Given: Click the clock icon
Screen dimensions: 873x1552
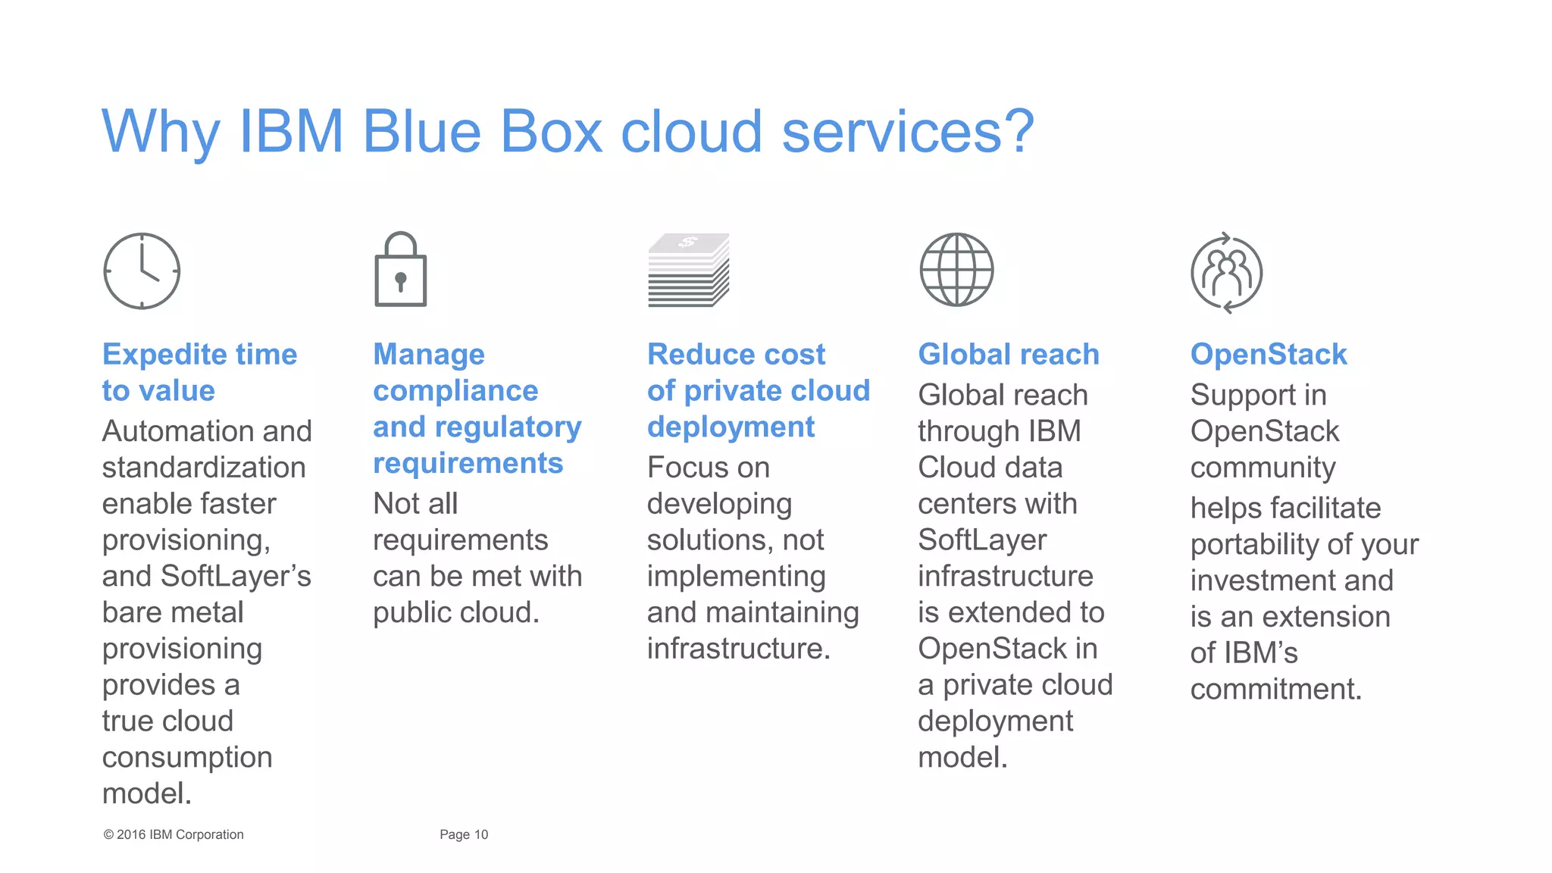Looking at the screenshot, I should pyautogui.click(x=142, y=271).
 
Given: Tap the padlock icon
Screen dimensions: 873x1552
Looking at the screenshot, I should pyautogui.click(x=400, y=271).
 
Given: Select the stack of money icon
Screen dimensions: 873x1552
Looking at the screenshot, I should pyautogui.click(x=688, y=271).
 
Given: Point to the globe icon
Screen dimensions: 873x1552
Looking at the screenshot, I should pyautogui.click(x=956, y=270).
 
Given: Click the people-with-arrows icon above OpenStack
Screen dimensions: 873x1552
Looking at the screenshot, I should pyautogui.click(x=1226, y=273).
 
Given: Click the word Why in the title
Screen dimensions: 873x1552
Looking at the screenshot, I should pyautogui.click(x=161, y=133).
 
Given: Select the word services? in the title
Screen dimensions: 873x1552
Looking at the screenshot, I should pyautogui.click(x=907, y=133).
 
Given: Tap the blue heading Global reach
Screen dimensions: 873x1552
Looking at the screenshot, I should pyautogui.click(x=1008, y=355).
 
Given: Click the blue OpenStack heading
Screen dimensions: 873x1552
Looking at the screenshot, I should pyautogui.click(x=1268, y=355).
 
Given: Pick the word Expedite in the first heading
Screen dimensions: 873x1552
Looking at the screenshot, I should pyautogui.click(x=164, y=355).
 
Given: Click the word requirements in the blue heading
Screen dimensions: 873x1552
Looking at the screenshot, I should pyautogui.click(x=468, y=463).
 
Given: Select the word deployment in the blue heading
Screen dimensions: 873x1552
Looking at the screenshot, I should pyautogui.click(x=731, y=427).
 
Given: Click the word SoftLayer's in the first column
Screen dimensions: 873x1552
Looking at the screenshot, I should pyautogui.click(x=236, y=576).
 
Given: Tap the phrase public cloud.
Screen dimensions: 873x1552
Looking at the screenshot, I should pyautogui.click(x=455, y=612).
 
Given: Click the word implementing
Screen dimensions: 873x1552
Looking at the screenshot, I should pyautogui.click(x=736, y=576).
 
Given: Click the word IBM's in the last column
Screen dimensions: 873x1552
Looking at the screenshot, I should pyautogui.click(x=1260, y=652).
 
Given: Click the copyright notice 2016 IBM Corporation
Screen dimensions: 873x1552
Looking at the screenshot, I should pyautogui.click(x=174, y=834).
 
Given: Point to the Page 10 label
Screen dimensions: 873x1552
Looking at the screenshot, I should pyautogui.click(x=464, y=834).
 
